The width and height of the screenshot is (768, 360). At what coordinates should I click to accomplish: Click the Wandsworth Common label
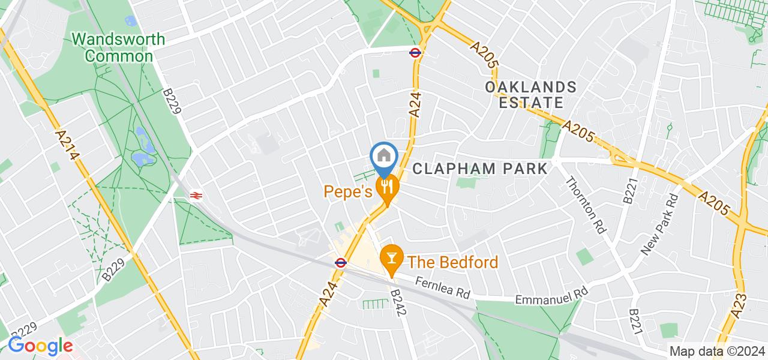pos(118,48)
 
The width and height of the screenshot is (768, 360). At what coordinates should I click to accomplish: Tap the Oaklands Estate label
pos(530,95)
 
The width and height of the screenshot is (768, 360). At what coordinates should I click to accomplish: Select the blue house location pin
pos(384,157)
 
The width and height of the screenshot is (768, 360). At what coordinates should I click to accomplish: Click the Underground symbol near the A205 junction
pos(415,52)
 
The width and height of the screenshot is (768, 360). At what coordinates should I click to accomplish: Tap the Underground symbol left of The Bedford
pos(340,262)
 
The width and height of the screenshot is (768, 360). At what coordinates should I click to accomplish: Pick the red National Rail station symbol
pos(196,195)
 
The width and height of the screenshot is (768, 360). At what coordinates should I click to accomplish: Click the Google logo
pos(40,346)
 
